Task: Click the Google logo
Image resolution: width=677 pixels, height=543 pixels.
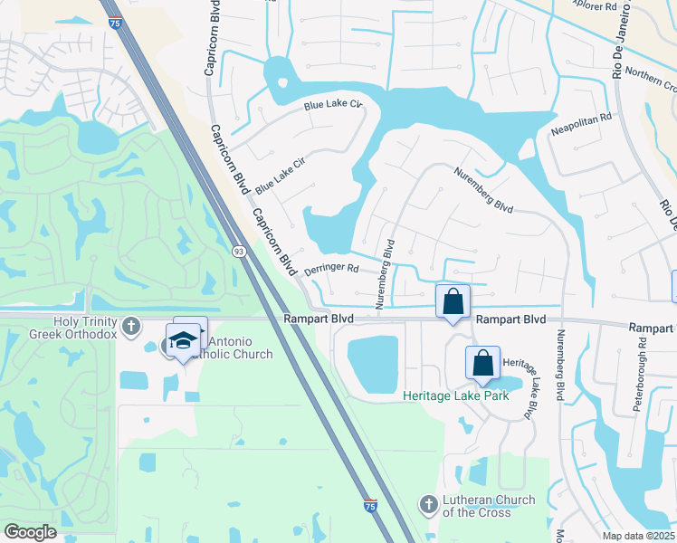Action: click(30, 532)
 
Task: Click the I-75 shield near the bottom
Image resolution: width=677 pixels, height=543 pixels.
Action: click(370, 506)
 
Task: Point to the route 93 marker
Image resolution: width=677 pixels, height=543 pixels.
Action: click(238, 252)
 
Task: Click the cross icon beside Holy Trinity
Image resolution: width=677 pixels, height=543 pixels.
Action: click(131, 325)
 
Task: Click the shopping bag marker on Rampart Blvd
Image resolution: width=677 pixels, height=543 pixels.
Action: click(453, 302)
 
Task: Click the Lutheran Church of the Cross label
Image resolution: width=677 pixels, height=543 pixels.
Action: click(489, 506)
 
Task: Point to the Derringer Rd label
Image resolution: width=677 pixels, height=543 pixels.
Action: click(332, 269)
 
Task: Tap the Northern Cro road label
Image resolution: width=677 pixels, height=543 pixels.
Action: click(650, 80)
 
